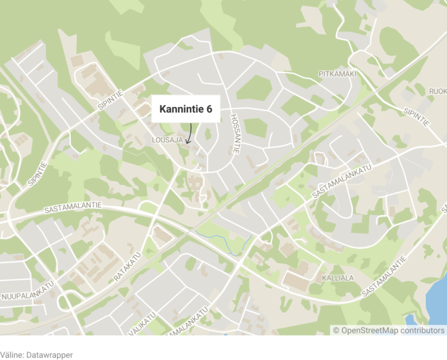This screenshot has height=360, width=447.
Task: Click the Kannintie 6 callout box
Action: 186,109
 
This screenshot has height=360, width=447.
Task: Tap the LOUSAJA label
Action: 167,140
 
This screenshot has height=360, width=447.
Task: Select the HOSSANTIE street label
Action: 234,134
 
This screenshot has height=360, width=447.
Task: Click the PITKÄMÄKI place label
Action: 337,74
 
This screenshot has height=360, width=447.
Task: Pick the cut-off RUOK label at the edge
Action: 438,91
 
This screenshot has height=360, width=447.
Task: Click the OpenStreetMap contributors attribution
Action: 389,330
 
